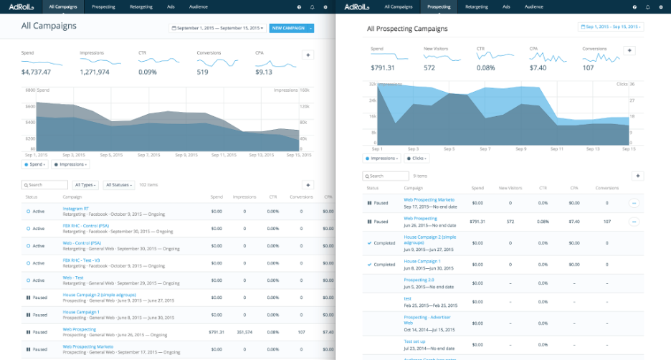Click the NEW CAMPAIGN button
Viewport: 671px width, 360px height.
[x=288, y=28]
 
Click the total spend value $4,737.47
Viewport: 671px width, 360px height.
[x=35, y=72]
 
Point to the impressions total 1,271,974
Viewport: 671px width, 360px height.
[x=95, y=72]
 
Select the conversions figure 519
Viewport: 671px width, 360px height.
[x=202, y=72]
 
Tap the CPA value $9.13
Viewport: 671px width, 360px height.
[x=264, y=72]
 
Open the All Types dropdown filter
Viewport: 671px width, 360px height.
[x=86, y=184]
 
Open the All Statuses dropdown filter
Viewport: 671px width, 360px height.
[x=119, y=184]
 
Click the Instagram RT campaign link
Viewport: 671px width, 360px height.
[x=76, y=209]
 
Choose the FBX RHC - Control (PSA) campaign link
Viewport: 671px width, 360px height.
[x=86, y=226]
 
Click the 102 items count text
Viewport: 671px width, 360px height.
[x=148, y=184]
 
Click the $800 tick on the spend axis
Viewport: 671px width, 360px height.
[x=30, y=90]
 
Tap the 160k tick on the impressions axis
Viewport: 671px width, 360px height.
[x=304, y=90]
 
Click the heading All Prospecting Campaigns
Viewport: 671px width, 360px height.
[x=406, y=29]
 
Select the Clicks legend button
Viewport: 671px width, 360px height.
[x=417, y=158]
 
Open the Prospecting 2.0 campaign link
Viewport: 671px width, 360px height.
[x=419, y=279]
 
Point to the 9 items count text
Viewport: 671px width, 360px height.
[x=420, y=176]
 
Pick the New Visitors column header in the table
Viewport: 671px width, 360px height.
[x=510, y=188]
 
